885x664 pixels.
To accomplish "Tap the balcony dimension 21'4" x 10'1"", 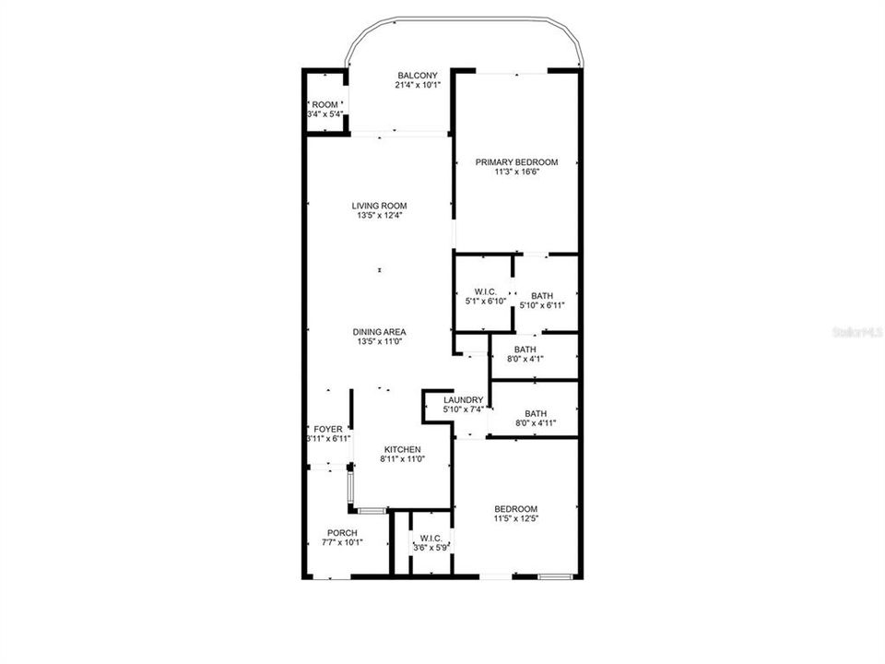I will pyautogui.click(x=417, y=85).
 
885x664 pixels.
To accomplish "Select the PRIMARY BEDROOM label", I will pyautogui.click(x=516, y=162).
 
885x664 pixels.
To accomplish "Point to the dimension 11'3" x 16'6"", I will pyautogui.click(x=516, y=172).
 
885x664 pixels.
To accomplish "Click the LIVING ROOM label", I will pyautogui.click(x=379, y=206).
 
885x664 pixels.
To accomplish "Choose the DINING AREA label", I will pyautogui.click(x=379, y=332).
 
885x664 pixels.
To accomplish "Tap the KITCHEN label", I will pyautogui.click(x=402, y=449).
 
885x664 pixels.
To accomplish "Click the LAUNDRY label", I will pyautogui.click(x=463, y=399).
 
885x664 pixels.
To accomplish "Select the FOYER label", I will pyautogui.click(x=328, y=429).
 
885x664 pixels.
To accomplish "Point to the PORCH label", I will pyautogui.click(x=342, y=532).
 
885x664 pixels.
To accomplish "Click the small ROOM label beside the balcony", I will pyautogui.click(x=324, y=104).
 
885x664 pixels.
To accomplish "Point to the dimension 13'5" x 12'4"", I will pyautogui.click(x=379, y=216).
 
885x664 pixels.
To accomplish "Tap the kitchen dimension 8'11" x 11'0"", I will pyautogui.click(x=402, y=459).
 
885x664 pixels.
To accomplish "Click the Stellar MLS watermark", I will pyautogui.click(x=856, y=329).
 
